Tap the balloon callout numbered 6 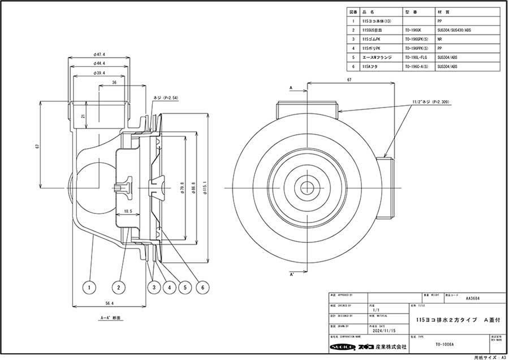click(201, 288)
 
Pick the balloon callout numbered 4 click(169, 288)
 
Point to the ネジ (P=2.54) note click(165, 97)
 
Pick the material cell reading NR click(440, 40)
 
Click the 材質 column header click(443, 11)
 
